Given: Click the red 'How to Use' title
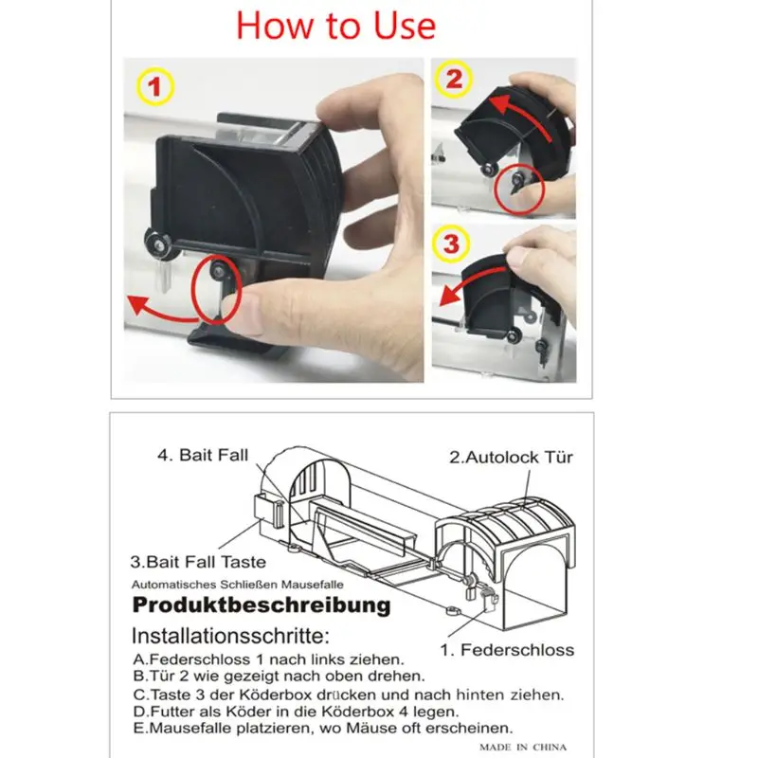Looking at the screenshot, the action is click(336, 26).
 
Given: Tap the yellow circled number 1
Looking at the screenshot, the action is click(154, 87).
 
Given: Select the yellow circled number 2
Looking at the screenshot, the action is click(453, 79).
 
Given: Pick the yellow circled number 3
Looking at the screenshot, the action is click(451, 244).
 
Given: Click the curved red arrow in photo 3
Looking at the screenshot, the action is click(471, 280).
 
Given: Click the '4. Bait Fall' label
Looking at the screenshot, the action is click(203, 455).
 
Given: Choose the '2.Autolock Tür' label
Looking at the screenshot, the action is click(511, 458).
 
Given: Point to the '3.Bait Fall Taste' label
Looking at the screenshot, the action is click(198, 562).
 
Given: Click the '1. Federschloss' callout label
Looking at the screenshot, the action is click(507, 650).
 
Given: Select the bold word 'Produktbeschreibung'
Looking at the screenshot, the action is click(262, 605).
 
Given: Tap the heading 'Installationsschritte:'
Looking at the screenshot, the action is click(230, 636).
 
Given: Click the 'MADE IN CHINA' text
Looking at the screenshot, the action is click(523, 748).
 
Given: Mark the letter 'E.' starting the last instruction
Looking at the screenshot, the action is click(139, 728).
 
